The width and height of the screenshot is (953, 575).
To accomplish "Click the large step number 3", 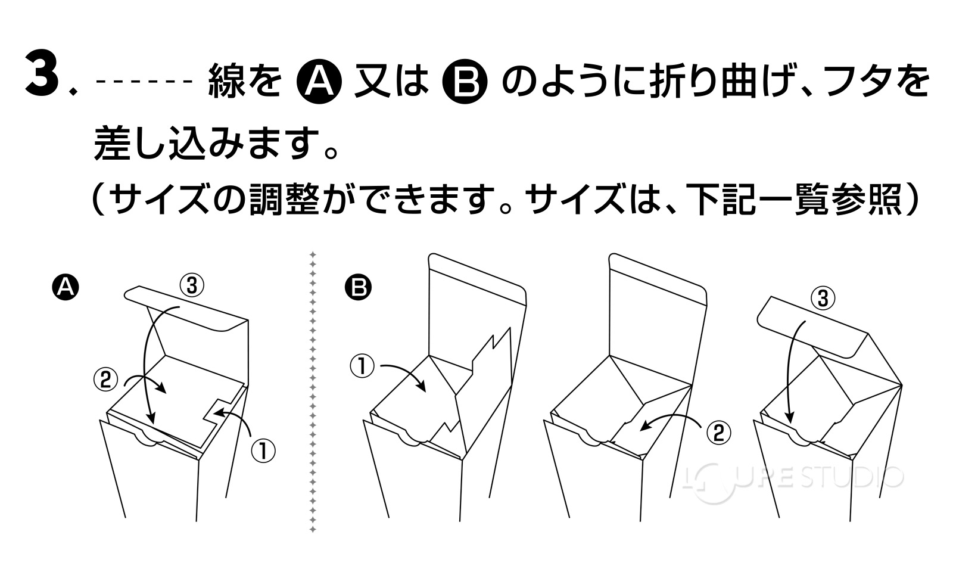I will pos(45,74).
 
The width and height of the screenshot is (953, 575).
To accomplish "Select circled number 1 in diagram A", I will pos(263,450).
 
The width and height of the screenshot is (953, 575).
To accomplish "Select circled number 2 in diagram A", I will pos(105,380).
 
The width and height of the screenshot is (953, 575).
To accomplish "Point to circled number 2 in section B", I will pos(719,432).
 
